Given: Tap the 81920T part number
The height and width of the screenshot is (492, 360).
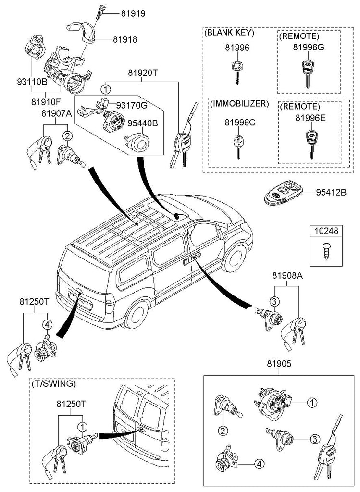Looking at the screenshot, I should point(142,73).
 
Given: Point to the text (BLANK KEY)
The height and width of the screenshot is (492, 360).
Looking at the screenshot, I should point(229,33).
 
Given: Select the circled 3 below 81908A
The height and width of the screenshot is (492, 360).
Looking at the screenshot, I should point(274,302).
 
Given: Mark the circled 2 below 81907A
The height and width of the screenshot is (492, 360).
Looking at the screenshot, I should point(68,136).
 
